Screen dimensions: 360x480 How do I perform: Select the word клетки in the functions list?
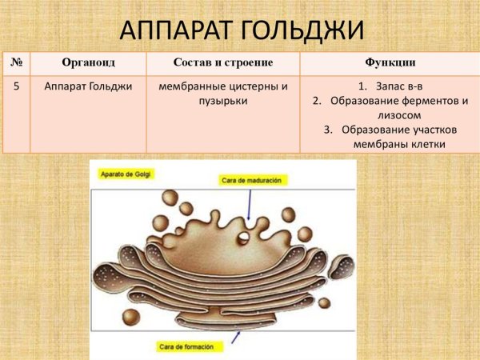(426, 144)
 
